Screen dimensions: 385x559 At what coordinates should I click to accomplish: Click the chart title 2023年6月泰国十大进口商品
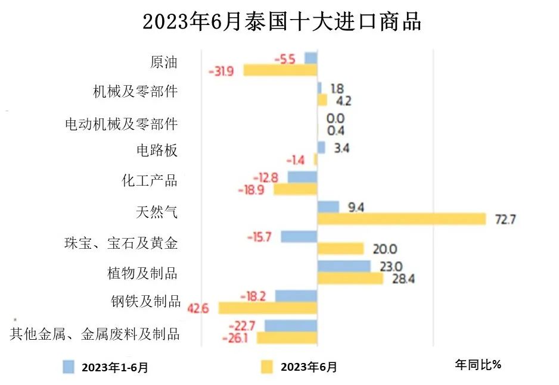[x=282, y=22]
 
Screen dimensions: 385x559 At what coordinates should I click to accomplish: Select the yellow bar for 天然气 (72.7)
[x=402, y=219]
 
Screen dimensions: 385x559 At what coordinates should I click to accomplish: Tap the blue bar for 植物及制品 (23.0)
[x=343, y=267]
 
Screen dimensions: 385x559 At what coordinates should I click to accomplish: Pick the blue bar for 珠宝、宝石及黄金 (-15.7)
[x=299, y=236]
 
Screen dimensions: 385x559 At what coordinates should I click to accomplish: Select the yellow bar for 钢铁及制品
[x=268, y=308]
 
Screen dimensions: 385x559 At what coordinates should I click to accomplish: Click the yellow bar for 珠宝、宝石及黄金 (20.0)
[x=340, y=249]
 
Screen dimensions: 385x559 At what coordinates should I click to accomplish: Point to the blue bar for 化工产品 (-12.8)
[x=302, y=177]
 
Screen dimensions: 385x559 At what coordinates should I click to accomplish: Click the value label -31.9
[x=221, y=71]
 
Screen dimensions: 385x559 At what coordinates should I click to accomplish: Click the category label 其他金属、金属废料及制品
[x=95, y=333]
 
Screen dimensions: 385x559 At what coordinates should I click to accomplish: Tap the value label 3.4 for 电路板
[x=341, y=148]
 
